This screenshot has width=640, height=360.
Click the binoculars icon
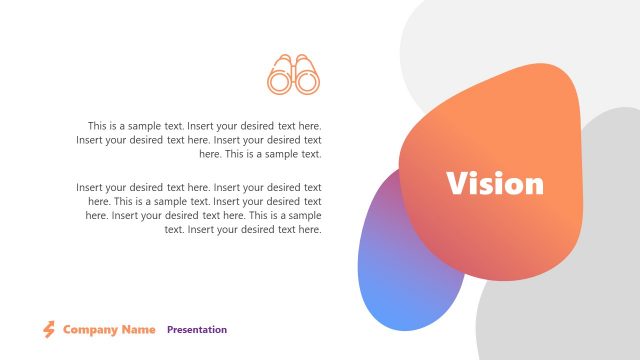point(293,74)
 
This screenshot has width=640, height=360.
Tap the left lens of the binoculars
point(280,83)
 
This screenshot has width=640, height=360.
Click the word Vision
point(495,184)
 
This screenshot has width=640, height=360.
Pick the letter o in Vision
point(514,185)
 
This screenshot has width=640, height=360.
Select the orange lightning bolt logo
point(48,329)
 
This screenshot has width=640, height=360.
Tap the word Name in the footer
point(139,329)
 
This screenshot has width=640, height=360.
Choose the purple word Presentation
point(197,329)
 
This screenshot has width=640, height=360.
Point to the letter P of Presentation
point(170,329)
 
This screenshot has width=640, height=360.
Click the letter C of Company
point(67,329)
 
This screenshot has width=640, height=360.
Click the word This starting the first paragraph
point(98,126)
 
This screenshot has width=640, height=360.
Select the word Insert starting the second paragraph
point(91,187)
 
